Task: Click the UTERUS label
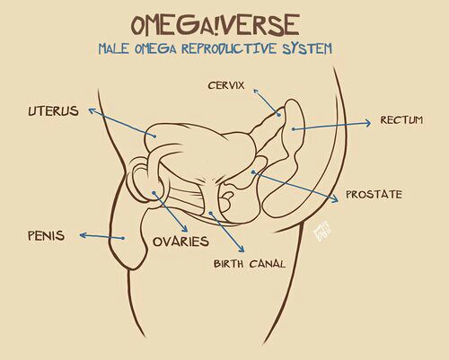(x=54, y=111)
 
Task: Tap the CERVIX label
(x=226, y=85)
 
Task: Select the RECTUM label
(x=401, y=120)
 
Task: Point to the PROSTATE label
(x=374, y=195)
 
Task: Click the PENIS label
(x=46, y=236)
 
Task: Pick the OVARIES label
(x=180, y=241)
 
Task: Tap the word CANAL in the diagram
(x=268, y=264)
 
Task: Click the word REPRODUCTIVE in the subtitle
(x=229, y=48)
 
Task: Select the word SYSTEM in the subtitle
(x=307, y=48)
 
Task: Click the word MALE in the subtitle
(x=113, y=48)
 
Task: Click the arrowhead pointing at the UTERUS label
(x=92, y=110)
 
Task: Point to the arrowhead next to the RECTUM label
(x=367, y=123)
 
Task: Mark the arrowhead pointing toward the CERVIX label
(x=256, y=91)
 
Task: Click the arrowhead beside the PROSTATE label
(x=335, y=198)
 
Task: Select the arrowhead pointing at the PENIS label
(x=84, y=235)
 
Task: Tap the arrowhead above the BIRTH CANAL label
(x=242, y=249)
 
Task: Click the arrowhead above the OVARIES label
(x=185, y=229)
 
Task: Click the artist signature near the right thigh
(x=321, y=232)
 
